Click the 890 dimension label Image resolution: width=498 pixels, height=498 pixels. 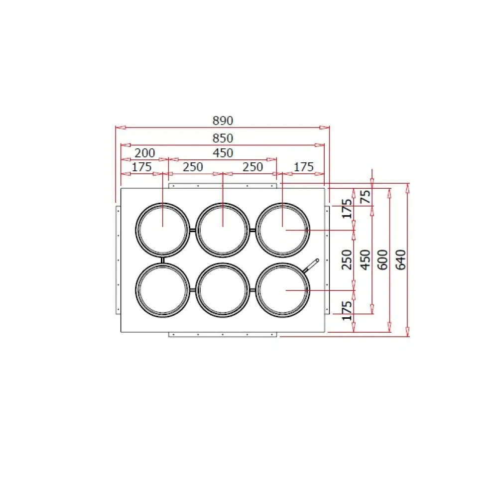223,121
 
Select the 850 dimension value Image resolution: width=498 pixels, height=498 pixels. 223,138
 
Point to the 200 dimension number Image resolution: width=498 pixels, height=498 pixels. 145,153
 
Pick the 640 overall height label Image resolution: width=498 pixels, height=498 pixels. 401,259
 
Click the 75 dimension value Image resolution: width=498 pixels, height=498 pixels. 366,196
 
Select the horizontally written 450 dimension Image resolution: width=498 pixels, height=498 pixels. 223,153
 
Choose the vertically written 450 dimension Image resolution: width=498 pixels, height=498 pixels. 366,259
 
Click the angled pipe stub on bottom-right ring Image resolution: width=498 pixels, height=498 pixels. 312,265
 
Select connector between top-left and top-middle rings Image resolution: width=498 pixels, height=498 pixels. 193,230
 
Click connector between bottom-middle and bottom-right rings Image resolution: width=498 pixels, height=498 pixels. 252,290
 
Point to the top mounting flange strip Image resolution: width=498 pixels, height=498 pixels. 223,186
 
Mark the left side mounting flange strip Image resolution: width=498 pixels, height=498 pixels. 118,259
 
